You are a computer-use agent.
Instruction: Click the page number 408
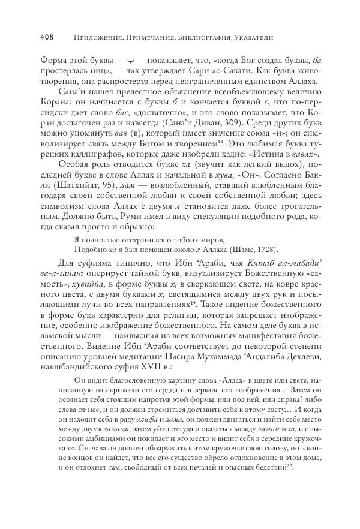pos(47,37)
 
